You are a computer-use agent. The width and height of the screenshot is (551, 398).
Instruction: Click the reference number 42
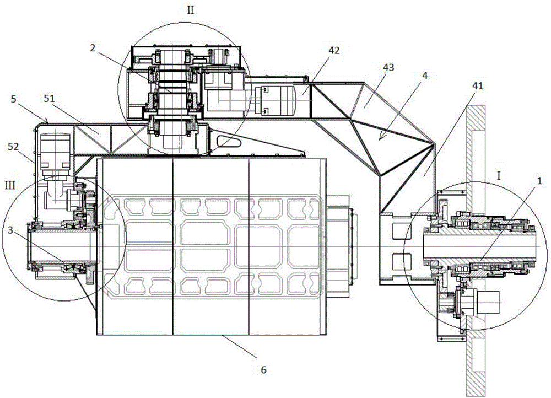(x=334, y=51)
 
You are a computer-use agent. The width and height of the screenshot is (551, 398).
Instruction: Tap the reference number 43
(x=388, y=67)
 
